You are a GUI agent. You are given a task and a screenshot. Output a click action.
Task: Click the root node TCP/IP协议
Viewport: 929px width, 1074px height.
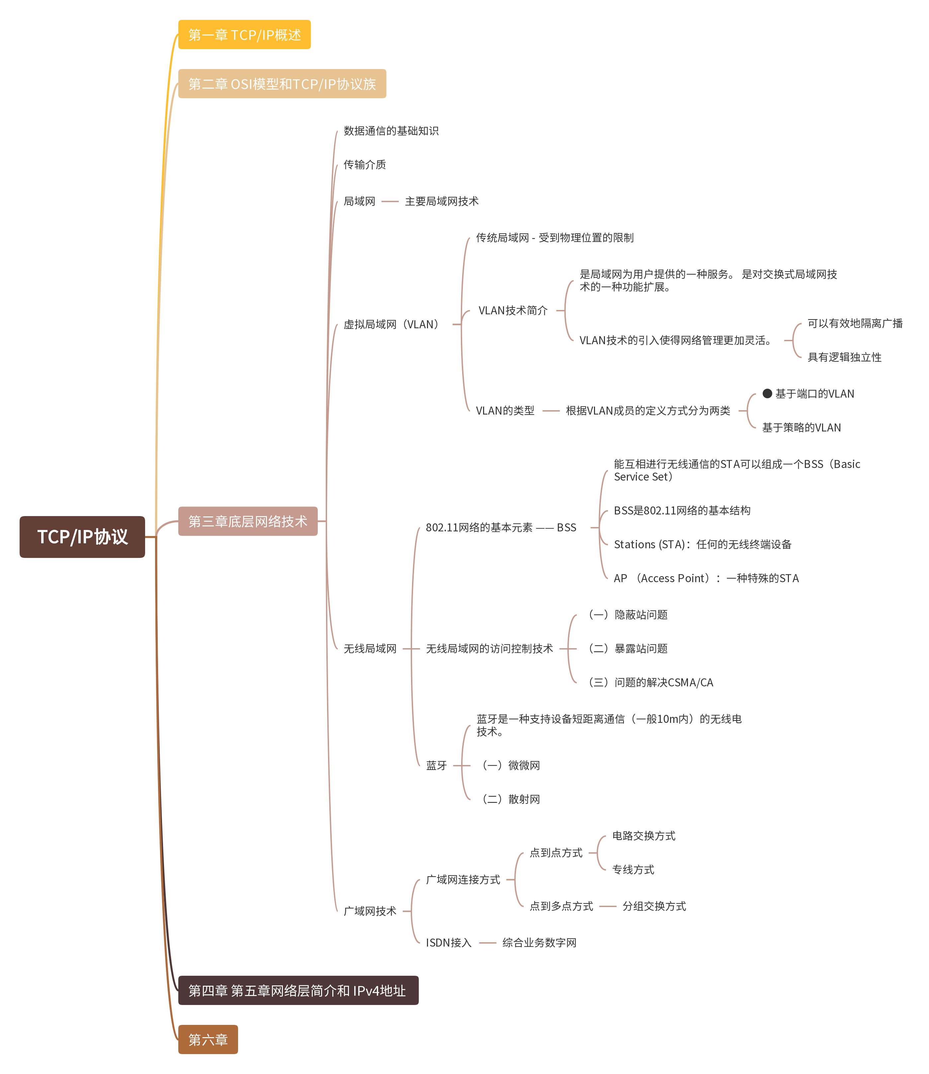point(82,536)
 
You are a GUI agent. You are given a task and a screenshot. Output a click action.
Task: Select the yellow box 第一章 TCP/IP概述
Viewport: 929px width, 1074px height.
point(244,35)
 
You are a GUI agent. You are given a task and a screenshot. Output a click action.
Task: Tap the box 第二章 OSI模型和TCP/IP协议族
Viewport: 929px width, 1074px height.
point(282,83)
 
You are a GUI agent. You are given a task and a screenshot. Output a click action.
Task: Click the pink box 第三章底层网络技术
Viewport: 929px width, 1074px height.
point(248,521)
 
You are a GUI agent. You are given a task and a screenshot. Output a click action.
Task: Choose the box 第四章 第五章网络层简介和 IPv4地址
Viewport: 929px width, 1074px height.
point(298,991)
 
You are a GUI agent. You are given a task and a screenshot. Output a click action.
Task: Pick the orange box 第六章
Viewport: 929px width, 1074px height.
point(208,1039)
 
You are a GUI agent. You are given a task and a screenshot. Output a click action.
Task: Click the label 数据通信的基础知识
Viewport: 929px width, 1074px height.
point(391,131)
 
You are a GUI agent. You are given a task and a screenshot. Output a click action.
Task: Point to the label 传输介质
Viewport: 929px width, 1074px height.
point(365,164)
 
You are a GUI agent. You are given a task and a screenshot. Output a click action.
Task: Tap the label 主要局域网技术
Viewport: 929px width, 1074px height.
point(441,201)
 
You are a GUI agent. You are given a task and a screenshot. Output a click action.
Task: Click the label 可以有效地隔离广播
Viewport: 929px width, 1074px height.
point(855,324)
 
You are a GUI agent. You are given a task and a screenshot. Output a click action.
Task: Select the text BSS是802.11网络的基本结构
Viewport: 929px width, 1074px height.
point(682,510)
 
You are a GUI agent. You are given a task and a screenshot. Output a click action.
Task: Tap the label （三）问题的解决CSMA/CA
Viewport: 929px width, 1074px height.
point(651,682)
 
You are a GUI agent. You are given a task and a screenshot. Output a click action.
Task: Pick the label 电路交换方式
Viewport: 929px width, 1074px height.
point(643,836)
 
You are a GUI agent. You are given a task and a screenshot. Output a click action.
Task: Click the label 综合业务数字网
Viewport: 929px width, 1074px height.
point(539,942)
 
